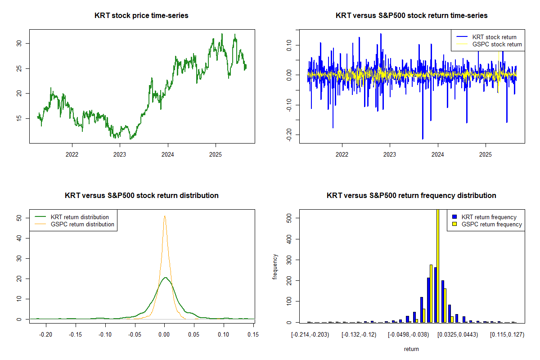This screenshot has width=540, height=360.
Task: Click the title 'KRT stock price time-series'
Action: (141, 16)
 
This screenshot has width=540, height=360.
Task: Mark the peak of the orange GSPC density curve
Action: (165, 216)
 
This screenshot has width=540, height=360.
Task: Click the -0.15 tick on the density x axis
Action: (76, 334)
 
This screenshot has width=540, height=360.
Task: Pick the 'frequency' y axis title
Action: (275, 267)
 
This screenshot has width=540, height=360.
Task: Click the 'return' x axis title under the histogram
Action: (411, 349)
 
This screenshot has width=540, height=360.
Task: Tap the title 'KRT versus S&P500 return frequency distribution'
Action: (411, 196)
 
